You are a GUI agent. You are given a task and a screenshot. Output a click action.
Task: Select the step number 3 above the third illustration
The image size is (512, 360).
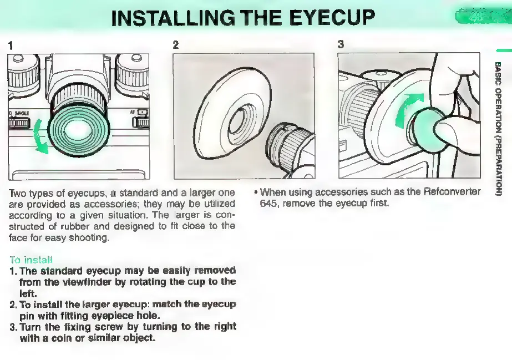341,45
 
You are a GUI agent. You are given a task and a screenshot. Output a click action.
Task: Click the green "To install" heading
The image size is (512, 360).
31,259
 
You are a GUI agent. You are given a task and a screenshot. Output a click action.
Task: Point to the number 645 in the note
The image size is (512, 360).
268,203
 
